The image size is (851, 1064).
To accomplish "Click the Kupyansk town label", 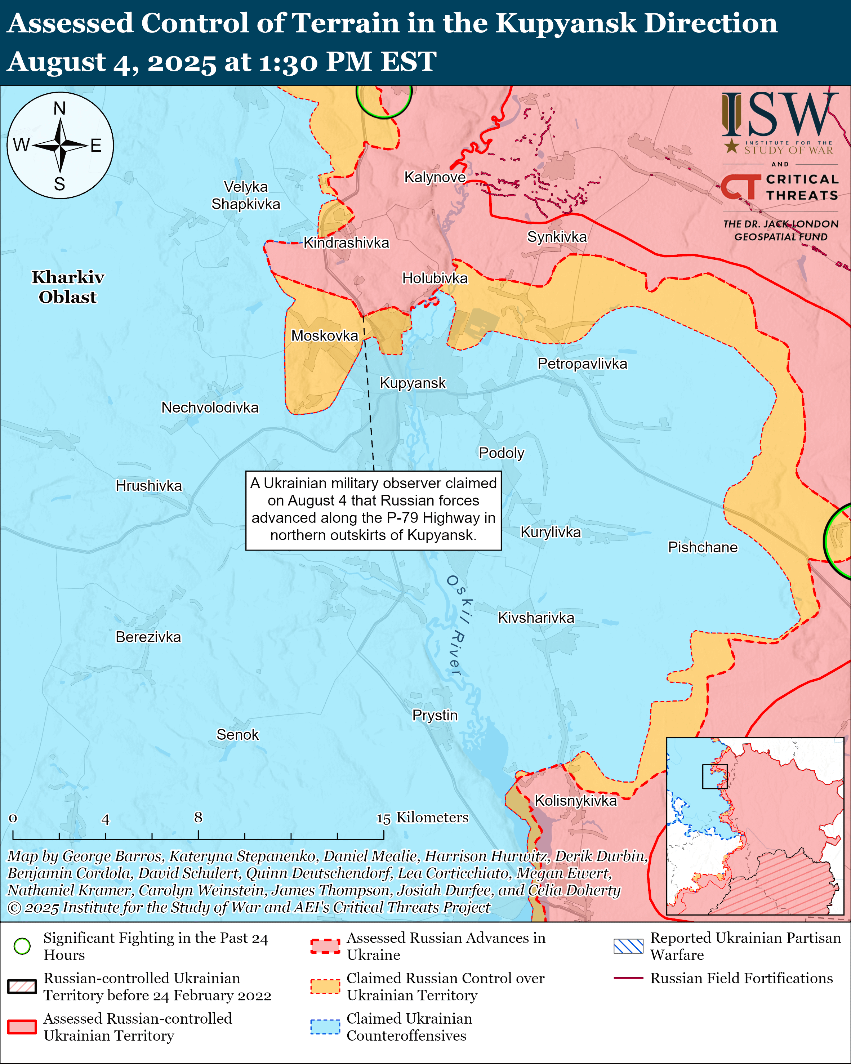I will pyautogui.click(x=413, y=383).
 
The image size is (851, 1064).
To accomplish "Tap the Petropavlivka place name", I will pyautogui.click(x=582, y=364).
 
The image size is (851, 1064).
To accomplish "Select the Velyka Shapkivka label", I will pyautogui.click(x=246, y=195).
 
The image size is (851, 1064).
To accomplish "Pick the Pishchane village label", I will pyautogui.click(x=703, y=547).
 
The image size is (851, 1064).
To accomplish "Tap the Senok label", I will pyautogui.click(x=237, y=734).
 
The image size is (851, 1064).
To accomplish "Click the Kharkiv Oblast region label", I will pyautogui.click(x=68, y=287).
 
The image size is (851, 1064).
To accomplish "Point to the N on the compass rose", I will pyautogui.click(x=60, y=108).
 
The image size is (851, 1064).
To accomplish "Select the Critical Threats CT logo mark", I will pyautogui.click(x=740, y=187).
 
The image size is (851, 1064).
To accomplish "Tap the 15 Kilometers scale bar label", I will pyautogui.click(x=422, y=818).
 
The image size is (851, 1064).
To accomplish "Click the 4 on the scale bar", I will pyautogui.click(x=106, y=820).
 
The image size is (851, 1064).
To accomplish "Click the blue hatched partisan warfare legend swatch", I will pyautogui.click(x=628, y=946).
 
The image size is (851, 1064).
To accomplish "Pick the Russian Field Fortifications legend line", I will pyautogui.click(x=628, y=978).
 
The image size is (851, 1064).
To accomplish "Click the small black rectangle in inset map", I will pyautogui.click(x=714, y=776).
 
